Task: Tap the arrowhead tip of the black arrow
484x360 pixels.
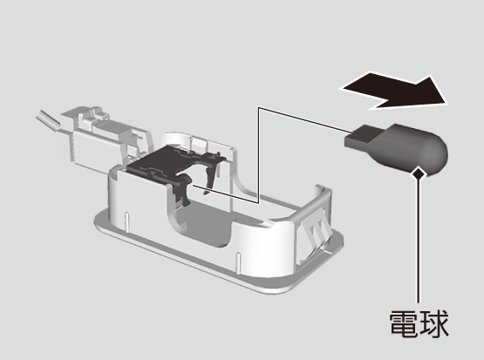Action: (447, 104)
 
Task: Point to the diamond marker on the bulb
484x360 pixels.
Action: (419, 173)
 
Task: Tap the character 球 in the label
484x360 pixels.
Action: (434, 323)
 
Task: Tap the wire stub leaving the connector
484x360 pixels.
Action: (48, 120)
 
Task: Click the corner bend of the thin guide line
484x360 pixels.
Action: (259, 108)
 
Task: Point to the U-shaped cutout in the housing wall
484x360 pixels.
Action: (201, 216)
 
